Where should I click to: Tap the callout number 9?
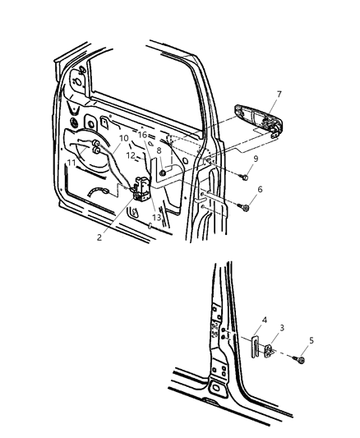tap(255, 158)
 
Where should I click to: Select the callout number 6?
tap(260, 188)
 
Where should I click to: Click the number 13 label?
tap(156, 217)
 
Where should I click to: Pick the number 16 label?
tap(141, 135)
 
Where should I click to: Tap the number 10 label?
tap(124, 138)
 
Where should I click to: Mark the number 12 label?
tap(130, 155)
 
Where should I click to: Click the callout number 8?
tap(159, 150)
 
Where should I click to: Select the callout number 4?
tap(265, 320)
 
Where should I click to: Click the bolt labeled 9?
tap(246, 176)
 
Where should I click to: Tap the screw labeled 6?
tap(247, 206)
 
